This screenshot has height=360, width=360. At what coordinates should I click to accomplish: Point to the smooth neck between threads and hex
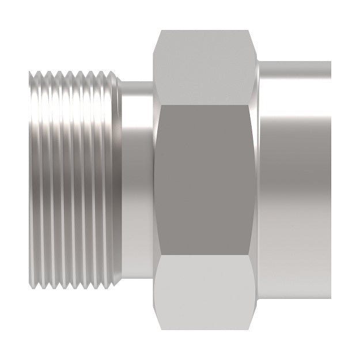[x=137, y=180]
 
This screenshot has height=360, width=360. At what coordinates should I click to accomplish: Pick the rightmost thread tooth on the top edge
[x=109, y=74]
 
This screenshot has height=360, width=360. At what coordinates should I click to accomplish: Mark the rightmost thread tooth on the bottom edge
[x=109, y=286]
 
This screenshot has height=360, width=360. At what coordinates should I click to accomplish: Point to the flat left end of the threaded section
[x=29, y=180]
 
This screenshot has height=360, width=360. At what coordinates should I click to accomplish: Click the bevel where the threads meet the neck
[x=118, y=180]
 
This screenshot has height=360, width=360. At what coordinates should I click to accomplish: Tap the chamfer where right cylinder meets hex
[x=259, y=180]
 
